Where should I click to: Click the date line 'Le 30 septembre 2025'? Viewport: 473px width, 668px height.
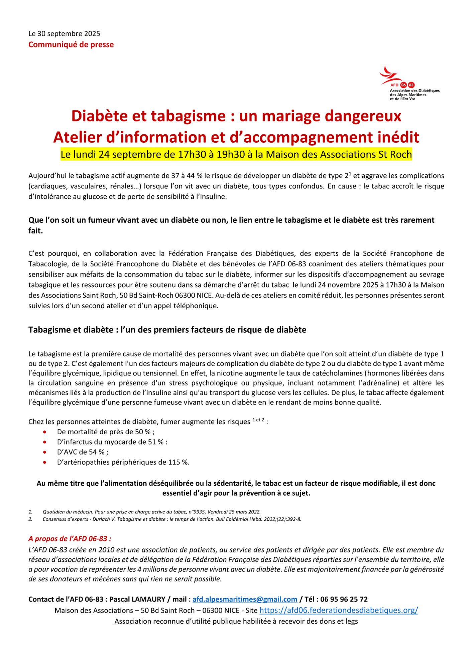point(64,33)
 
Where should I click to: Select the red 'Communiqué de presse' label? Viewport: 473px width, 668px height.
point(71,45)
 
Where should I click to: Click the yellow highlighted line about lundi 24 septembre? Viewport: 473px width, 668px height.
point(236,155)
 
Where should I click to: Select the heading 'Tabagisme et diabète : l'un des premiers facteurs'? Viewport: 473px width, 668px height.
point(167,330)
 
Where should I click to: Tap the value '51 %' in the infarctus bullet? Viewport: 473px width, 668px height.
point(156,442)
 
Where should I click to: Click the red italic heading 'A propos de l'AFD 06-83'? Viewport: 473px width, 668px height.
point(70,539)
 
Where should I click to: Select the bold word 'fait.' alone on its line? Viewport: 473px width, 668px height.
point(36,231)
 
